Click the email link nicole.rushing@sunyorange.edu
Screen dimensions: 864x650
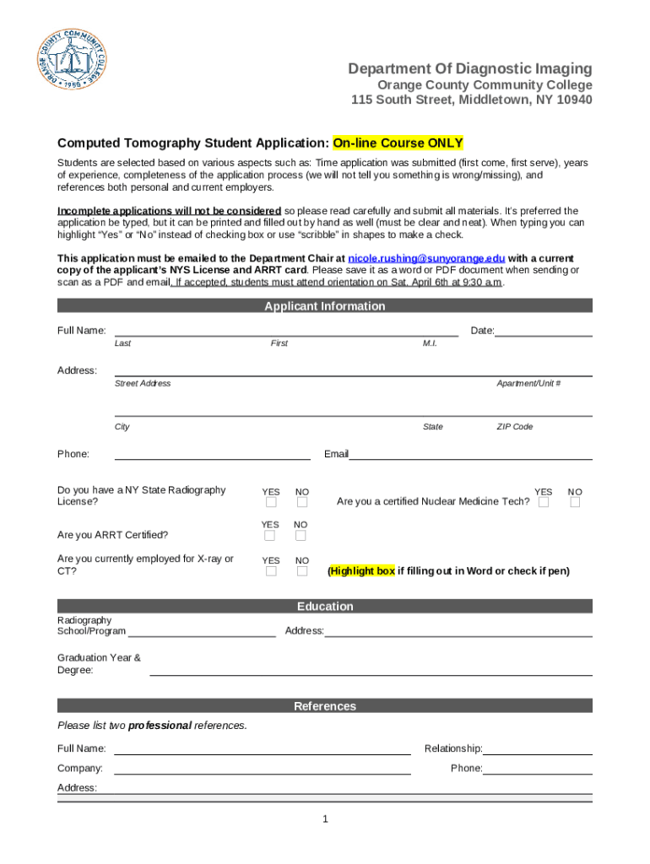pyautogui.click(x=426, y=258)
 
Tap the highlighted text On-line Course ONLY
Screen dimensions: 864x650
pyautogui.click(x=398, y=143)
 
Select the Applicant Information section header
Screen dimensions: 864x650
pyautogui.click(x=325, y=306)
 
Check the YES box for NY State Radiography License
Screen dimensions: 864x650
pyautogui.click(x=271, y=503)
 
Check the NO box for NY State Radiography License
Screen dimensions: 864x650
pyautogui.click(x=302, y=503)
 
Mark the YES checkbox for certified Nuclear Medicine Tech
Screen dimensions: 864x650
pyautogui.click(x=544, y=502)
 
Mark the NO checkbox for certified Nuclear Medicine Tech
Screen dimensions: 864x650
pyautogui.click(x=575, y=502)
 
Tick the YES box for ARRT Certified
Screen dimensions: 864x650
pyautogui.click(x=270, y=536)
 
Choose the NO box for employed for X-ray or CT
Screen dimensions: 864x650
pyautogui.click(x=302, y=571)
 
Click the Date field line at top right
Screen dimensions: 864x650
pyautogui.click(x=543, y=331)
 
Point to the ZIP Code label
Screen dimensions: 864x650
pyautogui.click(x=514, y=427)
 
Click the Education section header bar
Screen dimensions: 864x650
pyautogui.click(x=325, y=606)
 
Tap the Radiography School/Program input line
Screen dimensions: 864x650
pyautogui.click(x=202, y=631)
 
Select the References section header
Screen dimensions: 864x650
pyautogui.click(x=325, y=705)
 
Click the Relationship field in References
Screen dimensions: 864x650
pyautogui.click(x=537, y=748)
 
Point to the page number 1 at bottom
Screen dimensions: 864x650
pyautogui.click(x=325, y=819)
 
